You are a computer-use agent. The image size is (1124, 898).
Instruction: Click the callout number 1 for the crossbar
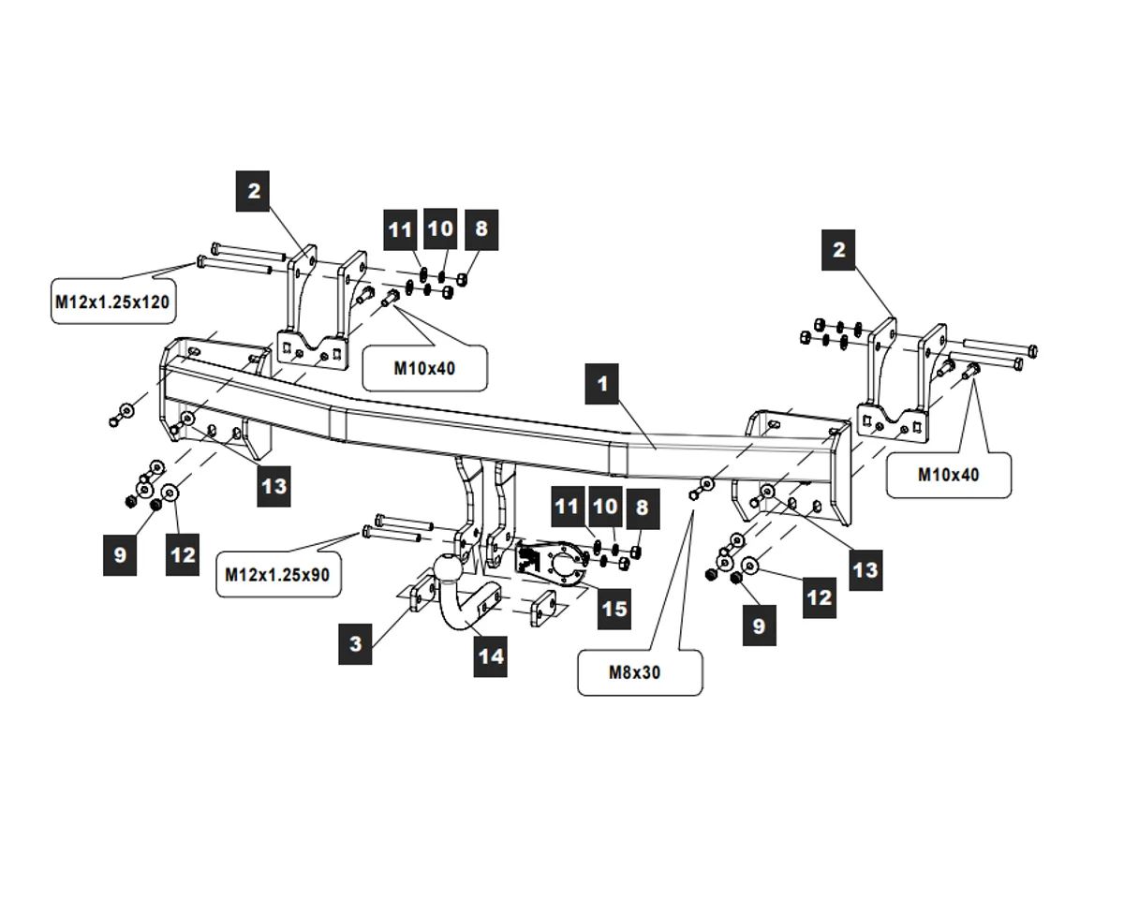pos(602,384)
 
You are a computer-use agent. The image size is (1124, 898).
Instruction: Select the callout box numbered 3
pos(356,643)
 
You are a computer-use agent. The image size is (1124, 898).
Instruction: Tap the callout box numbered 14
pos(491,655)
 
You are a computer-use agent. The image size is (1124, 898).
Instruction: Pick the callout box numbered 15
pos(614,609)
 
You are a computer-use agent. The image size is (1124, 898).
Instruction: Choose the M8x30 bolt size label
pos(640,671)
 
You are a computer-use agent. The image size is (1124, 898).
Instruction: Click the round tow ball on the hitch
pos(448,568)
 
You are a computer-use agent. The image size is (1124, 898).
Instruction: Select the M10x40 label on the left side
pos(424,368)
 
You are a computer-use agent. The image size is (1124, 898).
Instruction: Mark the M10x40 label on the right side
pos(949,475)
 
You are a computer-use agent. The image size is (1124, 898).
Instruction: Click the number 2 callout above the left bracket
pos(254,192)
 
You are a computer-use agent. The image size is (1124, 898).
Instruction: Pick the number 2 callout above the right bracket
pos(838,249)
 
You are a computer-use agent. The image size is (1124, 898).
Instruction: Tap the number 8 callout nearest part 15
pos(642,507)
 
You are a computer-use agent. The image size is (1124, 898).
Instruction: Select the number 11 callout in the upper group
pos(401,229)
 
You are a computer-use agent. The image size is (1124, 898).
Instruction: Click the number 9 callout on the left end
pos(120,554)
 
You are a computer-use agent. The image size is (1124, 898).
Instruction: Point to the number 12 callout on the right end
pos(820,596)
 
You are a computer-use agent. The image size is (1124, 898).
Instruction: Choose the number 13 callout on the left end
pos(274,486)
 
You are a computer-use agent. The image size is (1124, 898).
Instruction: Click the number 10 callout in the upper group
pos(440,228)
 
